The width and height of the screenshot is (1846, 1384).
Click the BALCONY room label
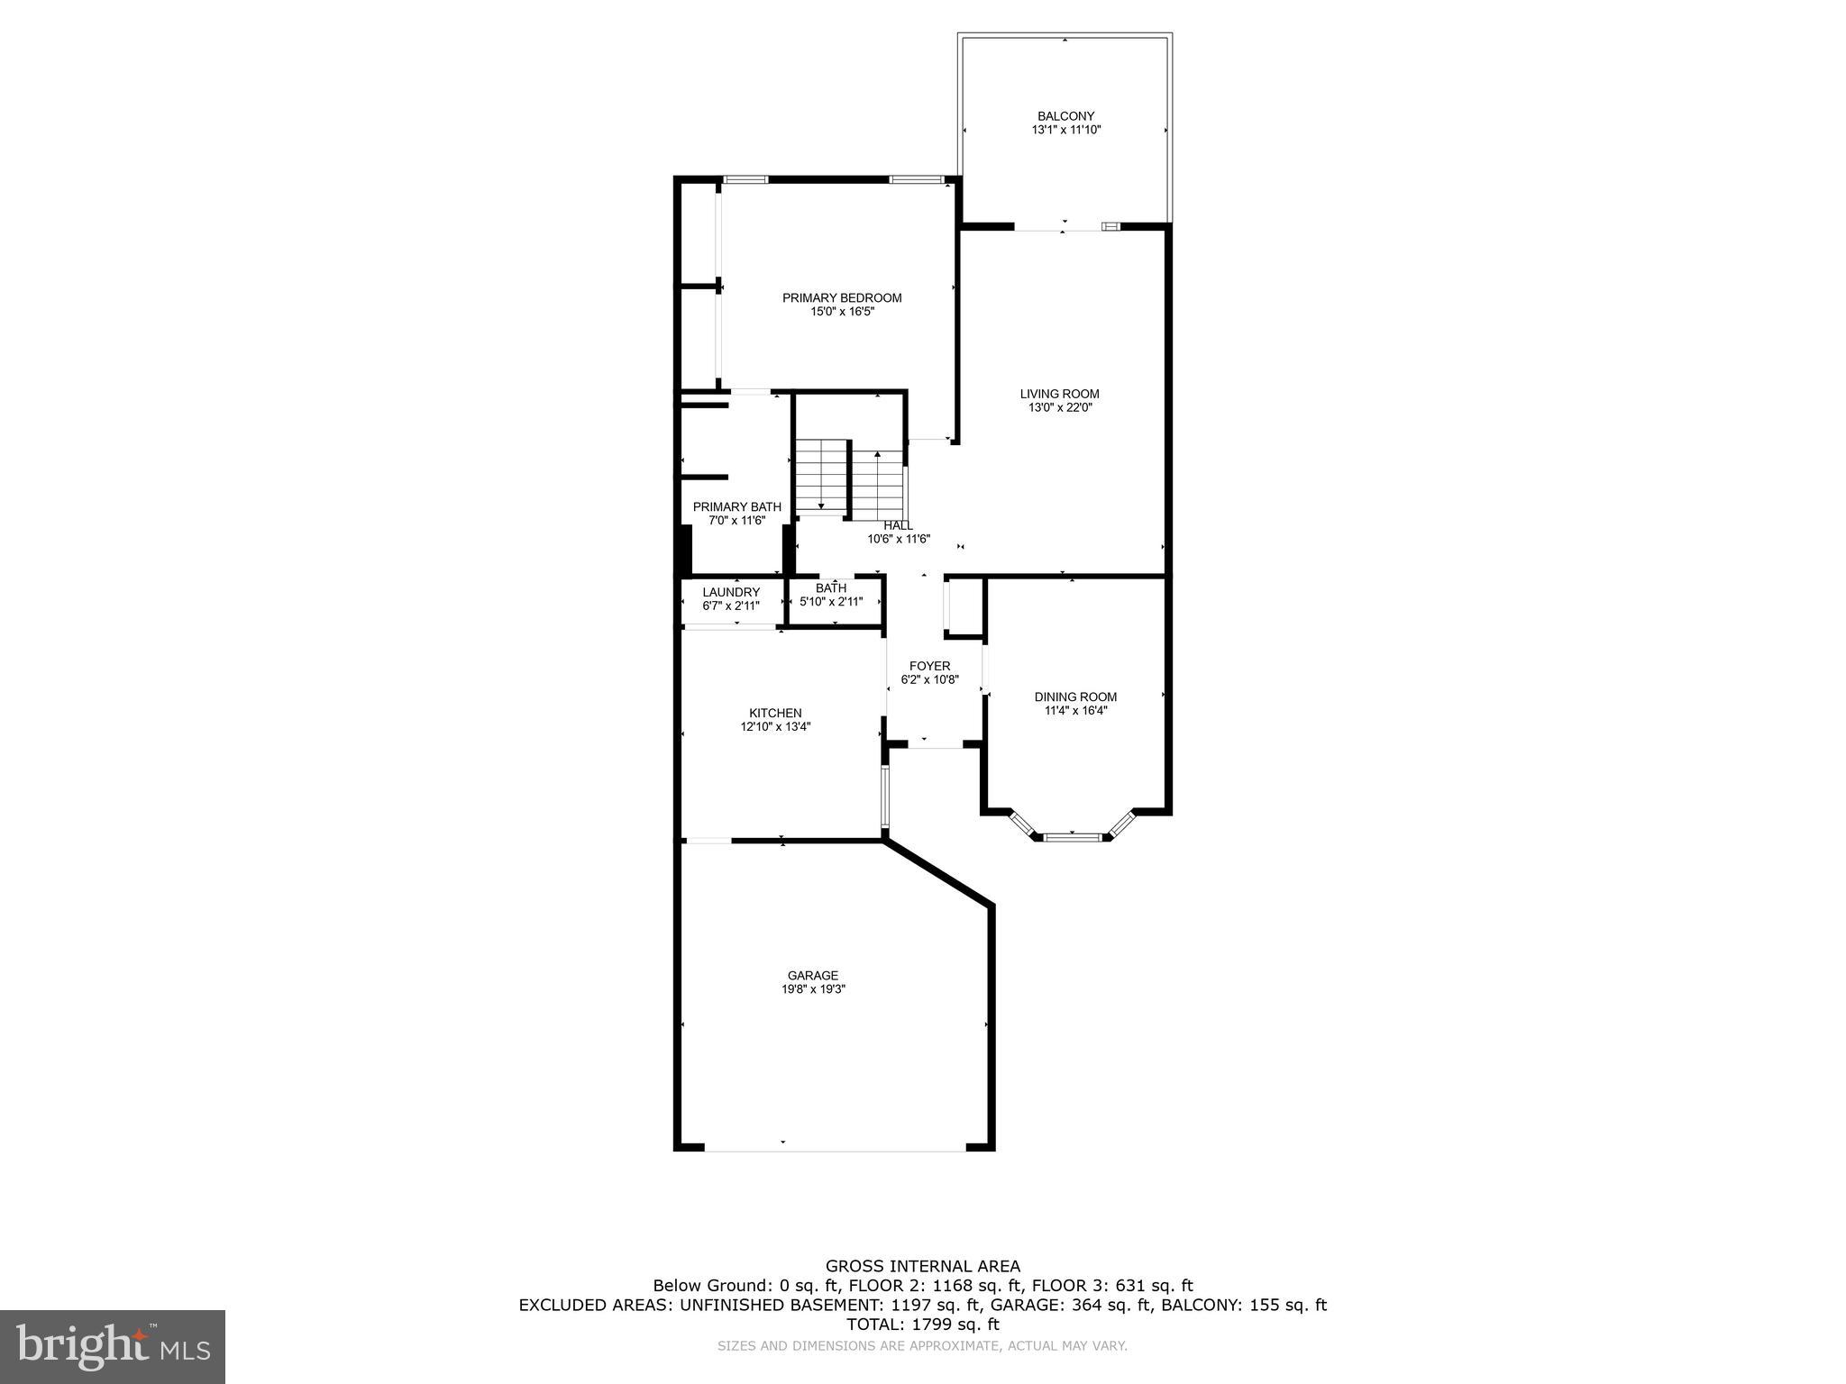pos(1065,116)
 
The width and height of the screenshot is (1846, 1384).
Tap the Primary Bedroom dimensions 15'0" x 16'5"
pos(842,312)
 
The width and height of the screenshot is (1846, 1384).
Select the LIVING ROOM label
pos(1059,394)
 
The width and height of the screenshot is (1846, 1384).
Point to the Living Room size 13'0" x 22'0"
pos(1059,407)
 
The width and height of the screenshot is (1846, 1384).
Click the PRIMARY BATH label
pos(736,507)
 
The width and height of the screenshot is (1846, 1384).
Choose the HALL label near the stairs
pos(898,525)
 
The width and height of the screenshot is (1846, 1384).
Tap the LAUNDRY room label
pos(731,592)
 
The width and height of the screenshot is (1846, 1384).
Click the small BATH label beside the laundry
pos(831,588)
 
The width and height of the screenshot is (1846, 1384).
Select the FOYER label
pos(929,666)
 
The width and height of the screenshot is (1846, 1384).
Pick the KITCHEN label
pos(775,713)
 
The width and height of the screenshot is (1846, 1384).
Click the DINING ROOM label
pos(1075,697)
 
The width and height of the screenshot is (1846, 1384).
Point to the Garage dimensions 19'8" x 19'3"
pos(813,988)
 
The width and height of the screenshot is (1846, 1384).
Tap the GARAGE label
pos(813,975)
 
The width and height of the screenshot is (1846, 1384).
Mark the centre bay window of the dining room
pos(1073,837)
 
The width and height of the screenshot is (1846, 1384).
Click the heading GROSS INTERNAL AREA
pos(923,1266)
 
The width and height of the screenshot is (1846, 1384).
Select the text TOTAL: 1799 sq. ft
pos(923,1325)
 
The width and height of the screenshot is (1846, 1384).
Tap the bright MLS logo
pos(113,1347)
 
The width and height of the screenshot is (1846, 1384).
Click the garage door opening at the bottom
pos(835,1149)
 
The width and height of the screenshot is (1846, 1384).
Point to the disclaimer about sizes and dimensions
pos(922,1346)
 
